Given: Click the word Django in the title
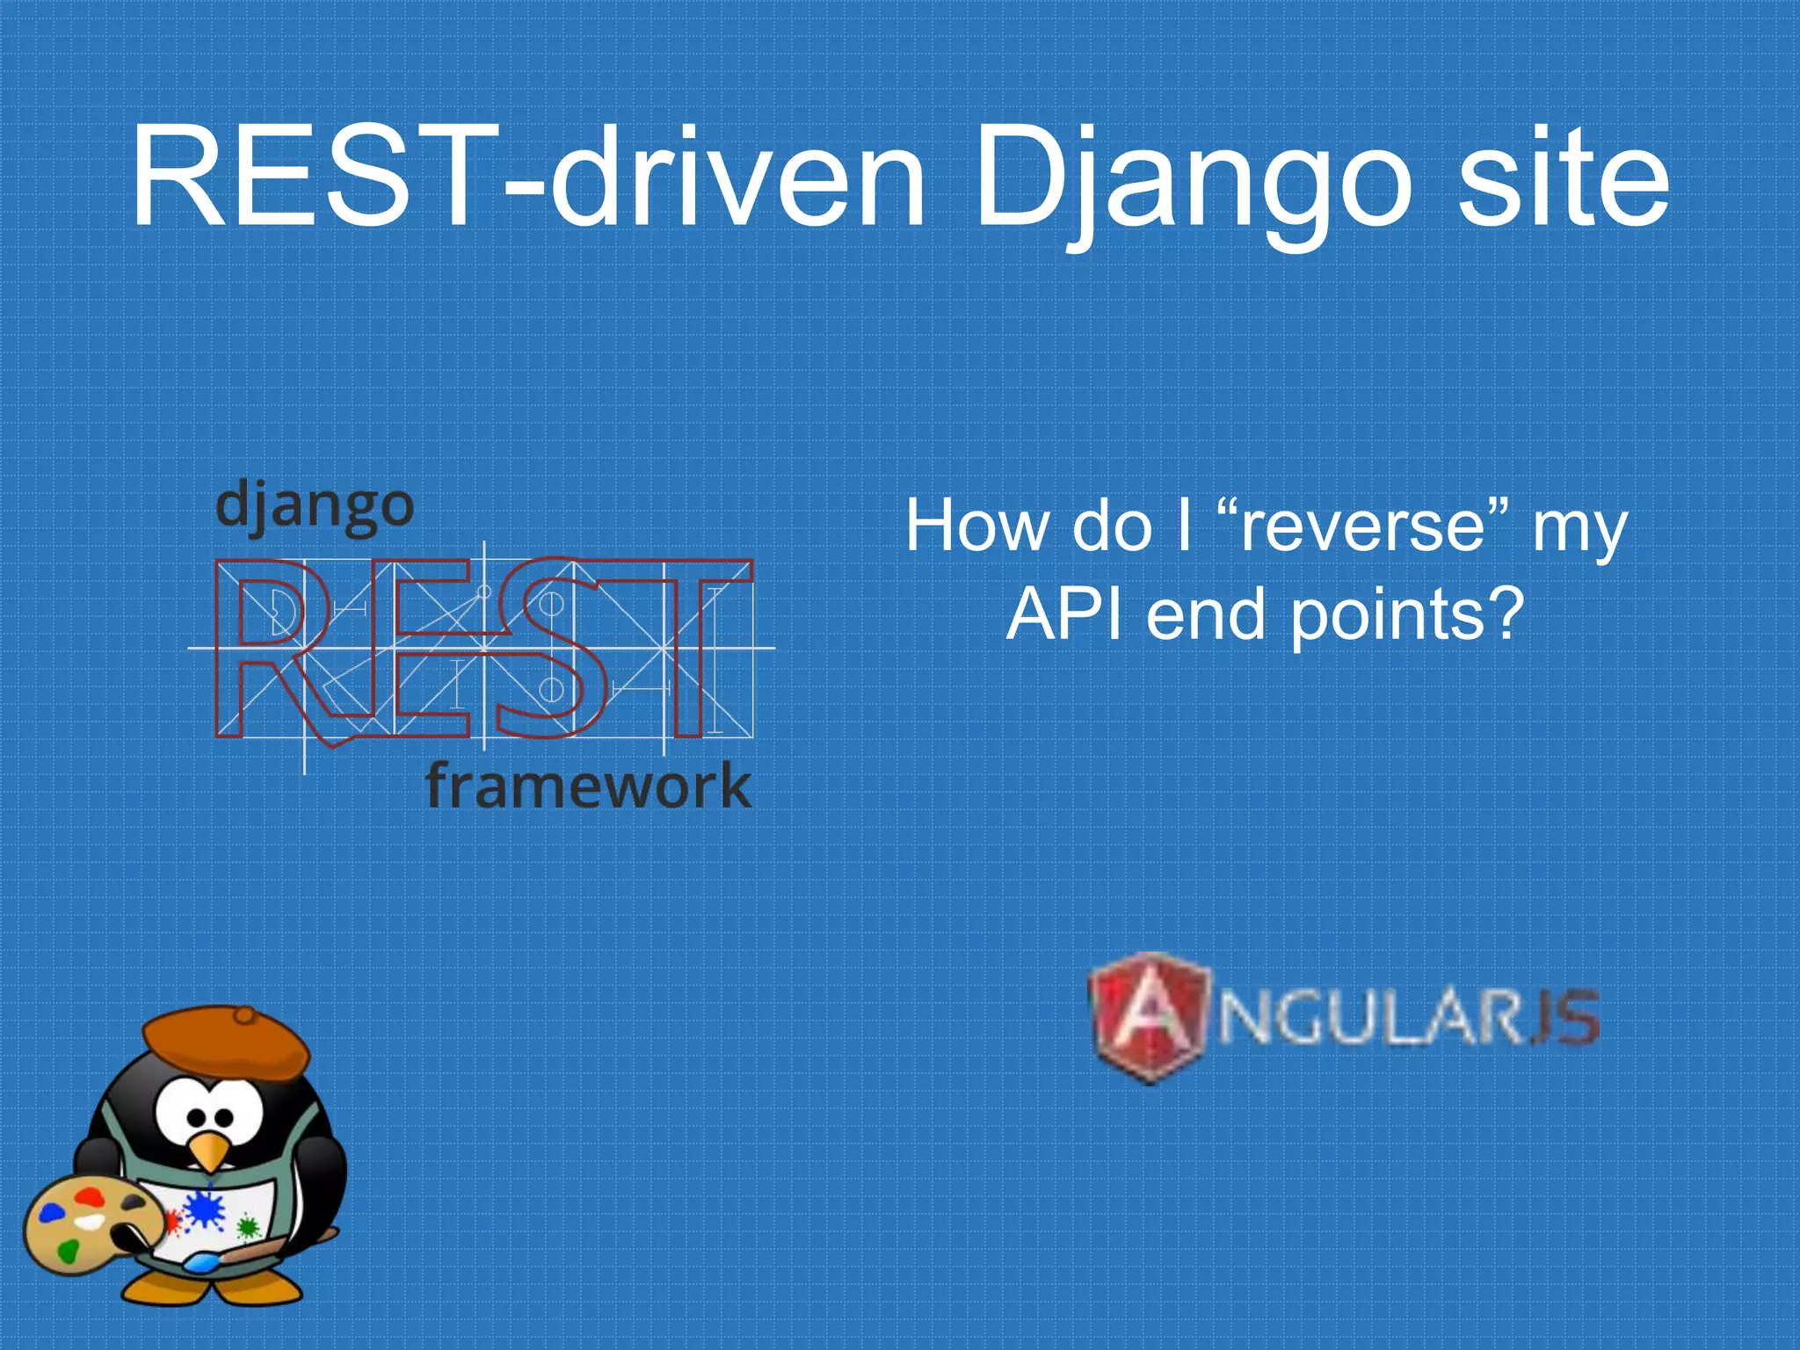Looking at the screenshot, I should (1191, 180).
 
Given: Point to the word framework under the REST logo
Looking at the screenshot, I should (587, 785).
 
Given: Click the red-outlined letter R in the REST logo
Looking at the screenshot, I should (272, 650).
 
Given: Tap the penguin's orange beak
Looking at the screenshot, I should (209, 1151).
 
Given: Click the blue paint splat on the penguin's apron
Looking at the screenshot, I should (205, 1209).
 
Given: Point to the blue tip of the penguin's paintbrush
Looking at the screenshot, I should (201, 1264).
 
